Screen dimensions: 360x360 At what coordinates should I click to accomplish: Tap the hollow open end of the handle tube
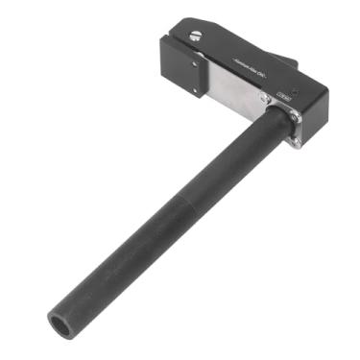61,324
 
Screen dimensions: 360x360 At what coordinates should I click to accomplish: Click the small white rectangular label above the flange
284,96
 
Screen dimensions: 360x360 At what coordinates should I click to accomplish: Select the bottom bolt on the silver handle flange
297,143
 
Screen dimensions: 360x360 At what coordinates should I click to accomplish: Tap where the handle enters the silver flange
275,123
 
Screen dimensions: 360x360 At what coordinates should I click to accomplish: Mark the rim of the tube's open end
52,318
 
